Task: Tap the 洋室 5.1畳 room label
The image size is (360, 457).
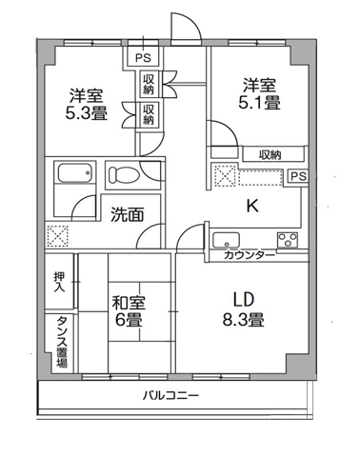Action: point(258,94)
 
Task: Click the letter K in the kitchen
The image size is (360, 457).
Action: point(252,204)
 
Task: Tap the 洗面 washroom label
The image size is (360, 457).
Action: point(125,214)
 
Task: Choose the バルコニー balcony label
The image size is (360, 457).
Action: point(171,395)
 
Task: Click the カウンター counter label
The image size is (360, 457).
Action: point(250,255)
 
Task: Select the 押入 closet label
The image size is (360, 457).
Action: point(59,281)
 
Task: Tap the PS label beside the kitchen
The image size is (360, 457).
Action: point(297,176)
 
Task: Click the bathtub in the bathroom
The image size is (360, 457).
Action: point(72,176)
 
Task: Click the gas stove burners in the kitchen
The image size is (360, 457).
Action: point(288,238)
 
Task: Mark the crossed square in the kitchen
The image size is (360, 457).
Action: point(225,175)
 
